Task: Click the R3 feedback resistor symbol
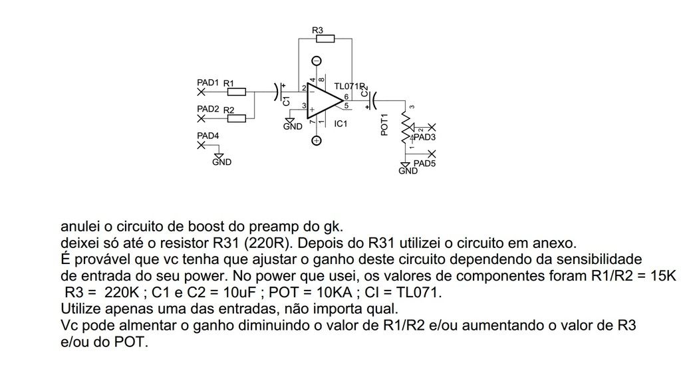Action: coord(325,39)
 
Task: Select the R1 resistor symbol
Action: coord(237,92)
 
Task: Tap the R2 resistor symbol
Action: coord(237,118)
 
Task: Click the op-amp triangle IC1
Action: coord(325,100)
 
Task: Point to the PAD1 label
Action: coord(208,82)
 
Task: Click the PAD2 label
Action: coord(208,109)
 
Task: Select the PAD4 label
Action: coord(208,136)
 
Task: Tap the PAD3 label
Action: coord(424,137)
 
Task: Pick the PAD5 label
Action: coord(424,164)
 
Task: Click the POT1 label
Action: coord(384,124)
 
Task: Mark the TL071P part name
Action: coord(349,86)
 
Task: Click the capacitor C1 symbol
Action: coord(279,92)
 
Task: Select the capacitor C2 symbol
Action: coord(372,100)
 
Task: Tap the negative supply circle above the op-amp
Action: coord(317,61)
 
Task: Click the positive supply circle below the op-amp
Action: coord(317,140)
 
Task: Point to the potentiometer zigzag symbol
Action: coord(405,127)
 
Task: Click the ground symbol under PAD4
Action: coord(219,156)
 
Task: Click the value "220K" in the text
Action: coord(122,293)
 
